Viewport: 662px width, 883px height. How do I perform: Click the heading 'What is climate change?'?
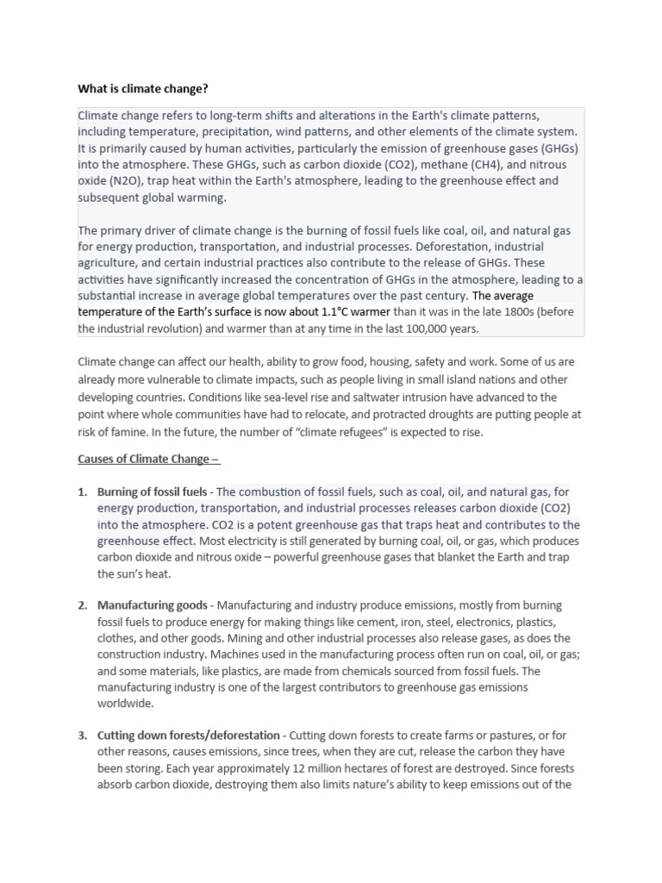[x=143, y=88]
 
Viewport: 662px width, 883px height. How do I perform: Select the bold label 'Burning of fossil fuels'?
[x=153, y=492]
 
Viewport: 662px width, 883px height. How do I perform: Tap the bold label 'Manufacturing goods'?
[x=153, y=605]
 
